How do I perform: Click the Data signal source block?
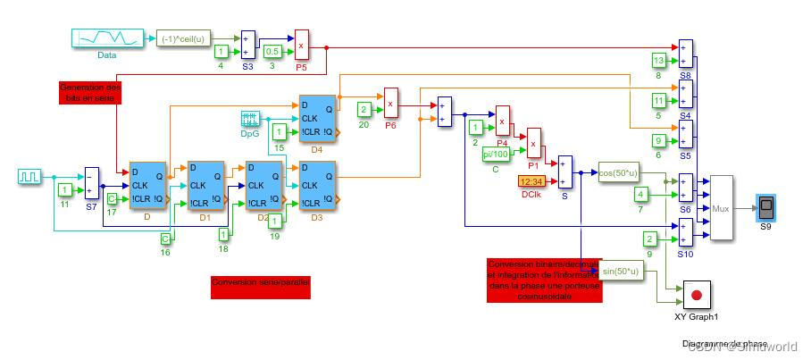tap(106, 38)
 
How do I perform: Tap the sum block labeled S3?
tap(247, 46)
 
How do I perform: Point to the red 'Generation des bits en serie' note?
tap(88, 93)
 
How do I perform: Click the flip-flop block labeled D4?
tap(316, 117)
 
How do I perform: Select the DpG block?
tap(250, 119)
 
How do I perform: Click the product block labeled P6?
tap(390, 104)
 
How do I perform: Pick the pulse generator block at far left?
tap(29, 177)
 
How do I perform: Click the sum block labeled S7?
tap(92, 182)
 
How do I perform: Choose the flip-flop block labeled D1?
tap(205, 186)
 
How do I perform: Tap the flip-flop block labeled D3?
tap(317, 186)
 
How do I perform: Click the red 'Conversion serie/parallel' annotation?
tap(261, 287)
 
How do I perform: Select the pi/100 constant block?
tap(497, 154)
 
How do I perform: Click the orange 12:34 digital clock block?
tap(535, 181)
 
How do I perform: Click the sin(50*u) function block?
tap(623, 271)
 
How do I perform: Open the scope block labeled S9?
tap(765, 206)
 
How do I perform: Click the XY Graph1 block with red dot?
tap(697, 294)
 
